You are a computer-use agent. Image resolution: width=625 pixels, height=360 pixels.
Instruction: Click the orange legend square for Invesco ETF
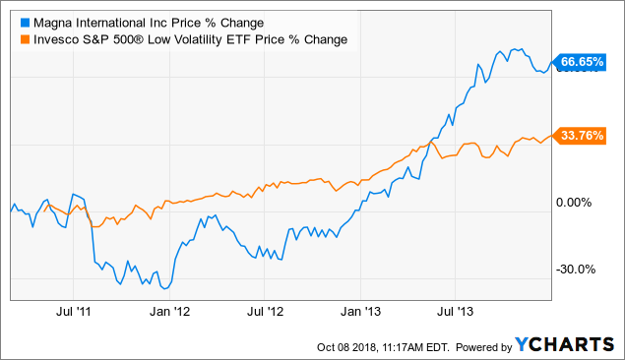[13, 38]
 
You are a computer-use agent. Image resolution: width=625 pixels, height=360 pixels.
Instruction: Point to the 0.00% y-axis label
[578, 203]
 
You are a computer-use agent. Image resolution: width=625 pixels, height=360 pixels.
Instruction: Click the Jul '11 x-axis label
[76, 311]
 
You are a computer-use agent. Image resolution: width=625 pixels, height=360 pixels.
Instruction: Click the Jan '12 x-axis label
[169, 311]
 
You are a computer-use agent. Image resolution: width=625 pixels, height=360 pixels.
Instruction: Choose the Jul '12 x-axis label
[265, 311]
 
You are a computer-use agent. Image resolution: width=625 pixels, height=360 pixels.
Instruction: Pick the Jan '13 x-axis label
[360, 311]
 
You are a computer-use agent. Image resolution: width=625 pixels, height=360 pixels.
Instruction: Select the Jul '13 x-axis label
[455, 311]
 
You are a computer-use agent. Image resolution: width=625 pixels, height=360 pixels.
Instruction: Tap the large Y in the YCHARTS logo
[523, 344]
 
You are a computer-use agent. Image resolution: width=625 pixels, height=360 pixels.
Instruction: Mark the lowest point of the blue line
[163, 287]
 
